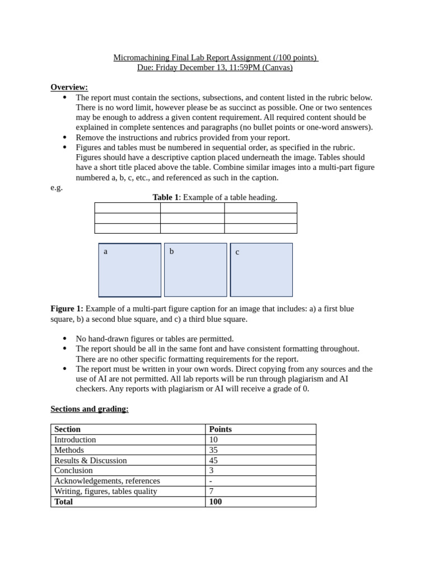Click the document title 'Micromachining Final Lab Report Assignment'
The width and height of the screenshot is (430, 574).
pos(215,58)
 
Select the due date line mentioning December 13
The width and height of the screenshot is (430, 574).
pos(215,68)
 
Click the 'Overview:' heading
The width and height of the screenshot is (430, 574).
pos(69,87)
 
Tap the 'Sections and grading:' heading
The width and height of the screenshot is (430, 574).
pos(90,409)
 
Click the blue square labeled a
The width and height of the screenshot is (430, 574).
pos(130,270)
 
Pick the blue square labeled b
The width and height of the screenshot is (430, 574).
pos(195,270)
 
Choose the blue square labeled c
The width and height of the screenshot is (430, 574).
pos(261,270)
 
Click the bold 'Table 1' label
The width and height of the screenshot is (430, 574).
pos(165,197)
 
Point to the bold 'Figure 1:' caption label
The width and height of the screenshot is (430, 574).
pos(67,309)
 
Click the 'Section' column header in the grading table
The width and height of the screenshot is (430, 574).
pos(67,429)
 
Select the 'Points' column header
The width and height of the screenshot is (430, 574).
pos(220,429)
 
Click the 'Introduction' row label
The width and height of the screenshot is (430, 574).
pos(75,440)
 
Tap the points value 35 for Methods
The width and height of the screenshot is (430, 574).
pos(214,450)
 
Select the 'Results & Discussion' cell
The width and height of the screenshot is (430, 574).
pos(90,461)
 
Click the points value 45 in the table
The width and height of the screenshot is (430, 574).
pos(214,461)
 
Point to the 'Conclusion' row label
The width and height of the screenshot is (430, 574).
pos(73,471)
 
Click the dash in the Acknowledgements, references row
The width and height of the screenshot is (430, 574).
pos(211,481)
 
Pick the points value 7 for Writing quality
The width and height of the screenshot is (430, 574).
pos(211,492)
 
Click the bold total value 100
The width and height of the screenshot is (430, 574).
pos(216,502)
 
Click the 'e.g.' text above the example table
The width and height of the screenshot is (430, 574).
pos(57,188)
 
